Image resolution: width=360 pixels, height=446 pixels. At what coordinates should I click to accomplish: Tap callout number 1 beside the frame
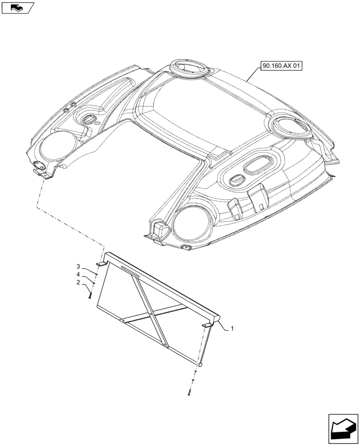[x=233, y=329]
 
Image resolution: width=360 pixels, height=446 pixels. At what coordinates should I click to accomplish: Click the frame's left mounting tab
[x=102, y=265]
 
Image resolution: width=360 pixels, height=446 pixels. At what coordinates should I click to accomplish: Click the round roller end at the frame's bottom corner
[x=200, y=364]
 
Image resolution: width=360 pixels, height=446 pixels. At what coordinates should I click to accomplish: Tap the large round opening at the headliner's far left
[x=56, y=148]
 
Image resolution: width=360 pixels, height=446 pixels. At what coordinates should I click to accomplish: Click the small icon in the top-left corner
[x=17, y=7]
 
